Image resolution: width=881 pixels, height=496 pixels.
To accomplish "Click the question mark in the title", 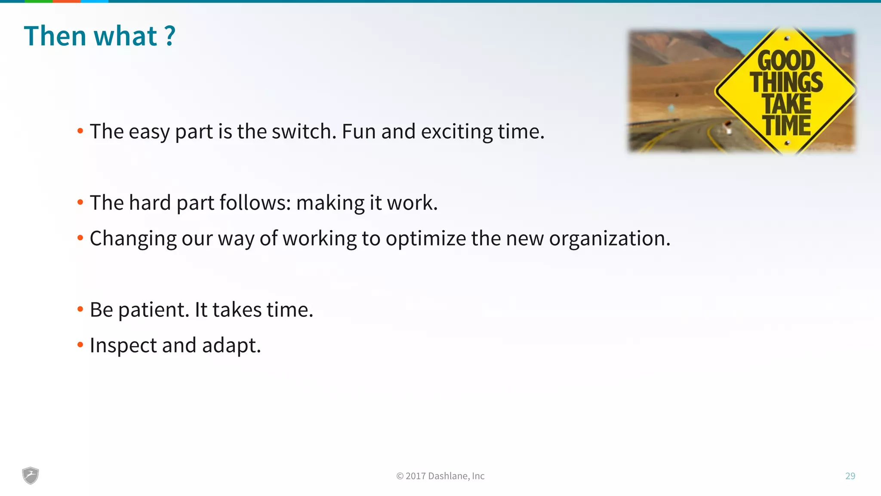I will tap(170, 36).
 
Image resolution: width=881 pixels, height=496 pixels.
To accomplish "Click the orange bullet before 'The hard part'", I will tap(80, 202).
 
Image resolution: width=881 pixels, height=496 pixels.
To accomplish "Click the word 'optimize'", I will tap(425, 239).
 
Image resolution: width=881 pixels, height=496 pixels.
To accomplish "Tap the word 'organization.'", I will tap(610, 239).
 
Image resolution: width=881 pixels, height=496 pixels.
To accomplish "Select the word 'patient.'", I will tap(154, 310).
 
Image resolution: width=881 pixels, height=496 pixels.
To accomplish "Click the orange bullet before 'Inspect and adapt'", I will tap(80, 344).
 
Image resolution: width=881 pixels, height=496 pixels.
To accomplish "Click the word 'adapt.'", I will tap(231, 346).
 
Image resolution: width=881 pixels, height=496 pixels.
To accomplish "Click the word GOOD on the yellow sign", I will tap(786, 60).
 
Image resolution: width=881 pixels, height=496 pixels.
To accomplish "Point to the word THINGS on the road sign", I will tap(786, 82).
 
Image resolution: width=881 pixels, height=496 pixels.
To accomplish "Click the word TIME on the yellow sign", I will tap(787, 125).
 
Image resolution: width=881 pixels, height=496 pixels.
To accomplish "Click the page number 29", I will tap(850, 476).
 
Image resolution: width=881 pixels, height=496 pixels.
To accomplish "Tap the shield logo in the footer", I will tap(31, 475).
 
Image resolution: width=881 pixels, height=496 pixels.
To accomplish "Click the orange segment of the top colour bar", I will tap(66, 1).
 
